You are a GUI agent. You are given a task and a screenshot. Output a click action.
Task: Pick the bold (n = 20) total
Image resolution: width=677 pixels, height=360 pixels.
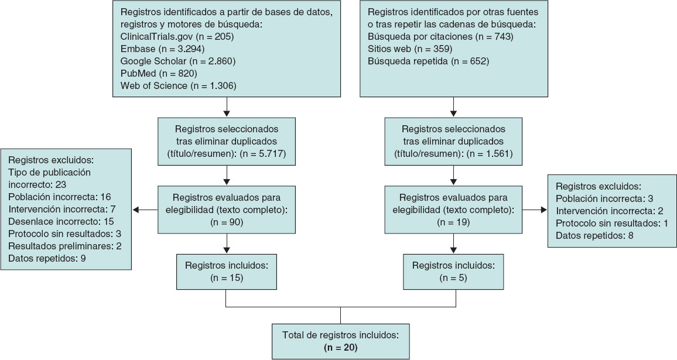[340, 348]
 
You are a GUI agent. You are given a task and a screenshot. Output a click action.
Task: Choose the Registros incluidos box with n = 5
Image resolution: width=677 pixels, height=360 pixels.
[453, 270]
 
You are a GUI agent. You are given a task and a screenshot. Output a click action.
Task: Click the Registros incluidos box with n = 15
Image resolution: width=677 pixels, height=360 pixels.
[226, 270]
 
